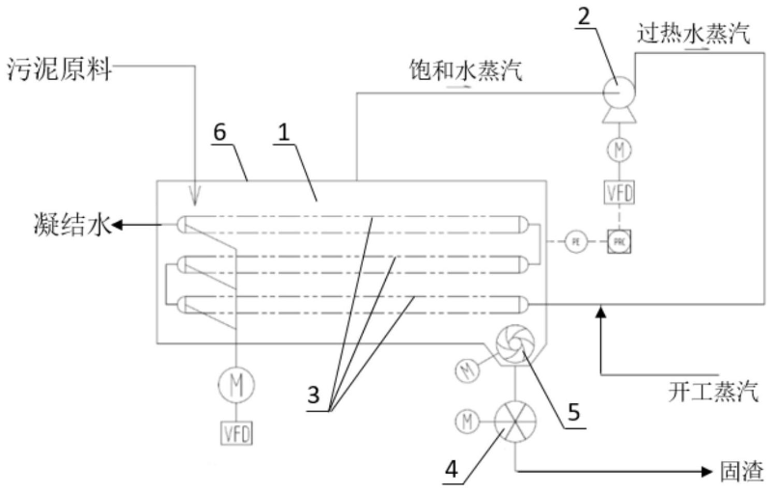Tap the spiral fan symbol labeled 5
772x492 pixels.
[x=511, y=345]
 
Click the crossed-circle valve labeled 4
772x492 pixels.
[x=511, y=422]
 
